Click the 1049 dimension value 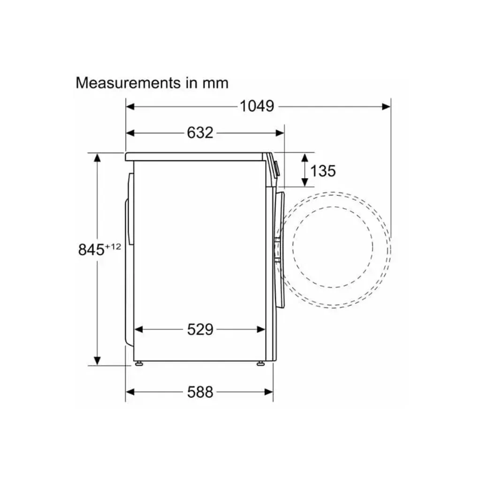(257, 106)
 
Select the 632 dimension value (200, 133)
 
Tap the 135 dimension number (323, 171)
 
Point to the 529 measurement (200, 330)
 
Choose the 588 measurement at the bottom (200, 392)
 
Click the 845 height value (91, 250)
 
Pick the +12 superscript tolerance (113, 246)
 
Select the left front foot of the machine (139, 363)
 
